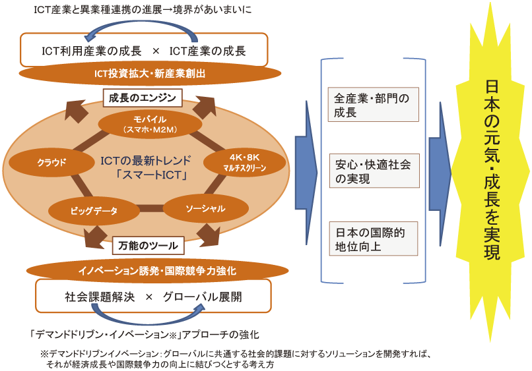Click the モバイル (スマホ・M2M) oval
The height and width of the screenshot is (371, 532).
(x=150, y=124)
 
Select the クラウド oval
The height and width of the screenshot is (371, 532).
(x=51, y=162)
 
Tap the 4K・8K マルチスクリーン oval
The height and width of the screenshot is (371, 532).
(x=245, y=162)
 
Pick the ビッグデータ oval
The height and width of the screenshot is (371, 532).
(x=94, y=211)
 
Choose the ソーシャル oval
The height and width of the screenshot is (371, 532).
(x=206, y=208)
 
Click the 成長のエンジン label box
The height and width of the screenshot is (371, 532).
(x=143, y=98)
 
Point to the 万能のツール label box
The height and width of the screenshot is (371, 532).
(x=148, y=245)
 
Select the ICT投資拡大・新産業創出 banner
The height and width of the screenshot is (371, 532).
(x=150, y=73)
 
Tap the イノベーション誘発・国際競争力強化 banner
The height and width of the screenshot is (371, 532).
(x=158, y=271)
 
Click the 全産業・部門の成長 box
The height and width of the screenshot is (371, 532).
(x=373, y=104)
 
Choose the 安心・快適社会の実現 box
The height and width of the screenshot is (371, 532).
(x=374, y=171)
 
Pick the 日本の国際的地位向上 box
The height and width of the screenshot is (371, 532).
(x=373, y=239)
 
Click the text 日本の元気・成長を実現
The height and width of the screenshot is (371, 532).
(x=492, y=169)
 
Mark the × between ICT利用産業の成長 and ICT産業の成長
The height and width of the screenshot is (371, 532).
(x=156, y=51)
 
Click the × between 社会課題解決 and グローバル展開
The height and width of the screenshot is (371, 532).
(x=149, y=297)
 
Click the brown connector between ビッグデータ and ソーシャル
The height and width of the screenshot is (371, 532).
(x=151, y=208)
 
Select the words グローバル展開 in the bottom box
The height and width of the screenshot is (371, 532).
(x=202, y=297)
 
